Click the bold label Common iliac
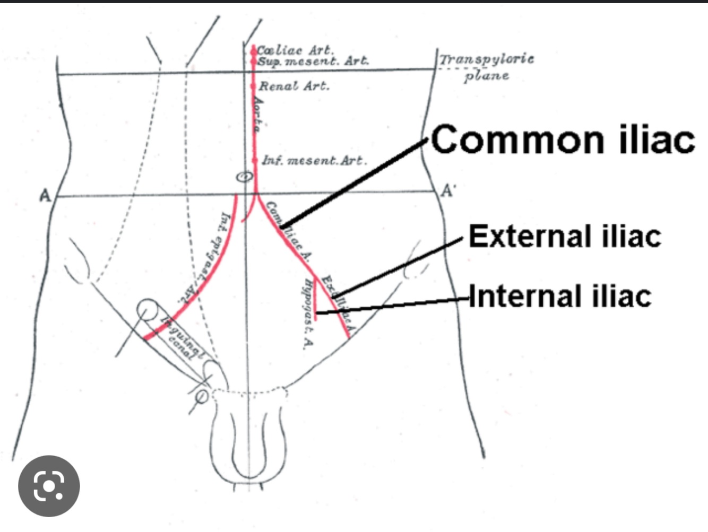coord(563,139)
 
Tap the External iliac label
coord(565,236)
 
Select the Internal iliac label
coord(560,296)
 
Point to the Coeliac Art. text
coord(295,50)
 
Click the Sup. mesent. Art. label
coord(313,61)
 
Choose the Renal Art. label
coord(294,86)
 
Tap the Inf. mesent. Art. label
coord(314,160)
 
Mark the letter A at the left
coord(45,196)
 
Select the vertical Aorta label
coord(258,114)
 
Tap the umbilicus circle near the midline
coord(244,177)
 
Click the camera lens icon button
coord(49,486)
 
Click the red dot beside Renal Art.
coord(254,86)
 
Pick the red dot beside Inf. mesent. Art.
coord(255,160)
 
